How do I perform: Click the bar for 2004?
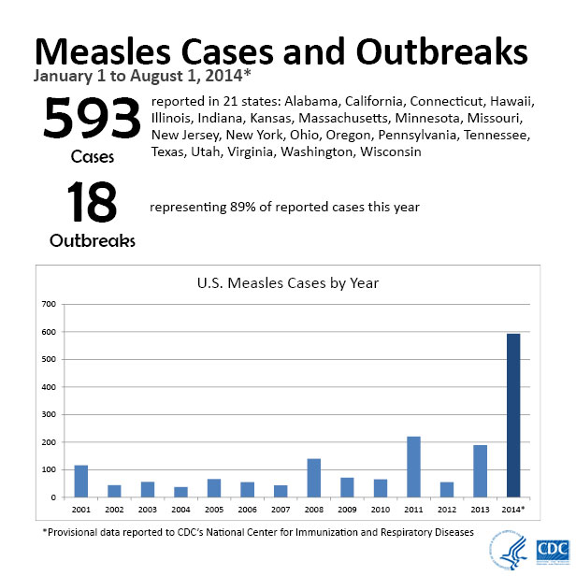coord(180,492)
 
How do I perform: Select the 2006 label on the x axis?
coord(247,510)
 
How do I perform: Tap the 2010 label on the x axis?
coord(380,510)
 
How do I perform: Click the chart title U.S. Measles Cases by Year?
coord(287,282)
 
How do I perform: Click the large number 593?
coord(92,121)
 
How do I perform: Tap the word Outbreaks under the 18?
coord(92,240)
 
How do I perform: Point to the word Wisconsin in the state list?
coord(384,151)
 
